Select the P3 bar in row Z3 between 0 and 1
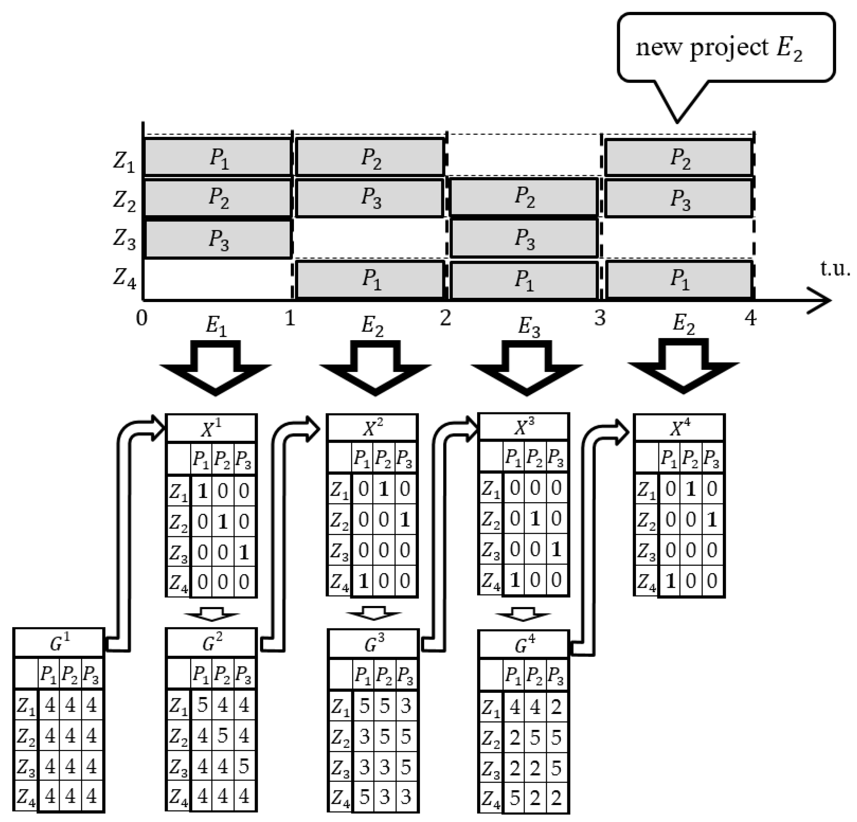click(218, 239)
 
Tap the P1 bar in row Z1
click(218, 157)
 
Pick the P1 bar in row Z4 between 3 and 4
click(679, 279)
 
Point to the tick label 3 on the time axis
click(600, 318)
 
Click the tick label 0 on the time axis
click(142, 318)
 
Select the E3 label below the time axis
click(528, 327)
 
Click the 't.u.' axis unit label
click(835, 268)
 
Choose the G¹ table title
click(59, 643)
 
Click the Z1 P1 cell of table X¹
click(202, 491)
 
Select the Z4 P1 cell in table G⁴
click(515, 798)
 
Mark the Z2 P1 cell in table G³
click(363, 737)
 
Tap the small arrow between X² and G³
click(373, 613)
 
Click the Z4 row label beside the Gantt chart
click(124, 278)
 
